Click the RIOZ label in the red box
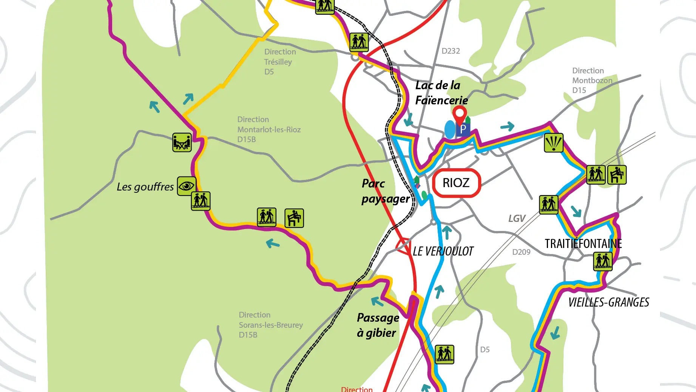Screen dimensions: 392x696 pos(456,183)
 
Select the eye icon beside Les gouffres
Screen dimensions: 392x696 pos(187,186)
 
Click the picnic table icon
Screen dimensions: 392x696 pos(182,143)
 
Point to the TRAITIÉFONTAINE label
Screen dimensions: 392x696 pos(583,244)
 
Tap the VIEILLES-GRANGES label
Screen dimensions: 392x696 pos(608,302)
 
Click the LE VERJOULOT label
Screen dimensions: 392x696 pos(443,251)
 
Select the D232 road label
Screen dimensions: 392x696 pos(451,51)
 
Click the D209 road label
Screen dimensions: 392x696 pos(521,252)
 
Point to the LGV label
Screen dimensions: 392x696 pos(517,218)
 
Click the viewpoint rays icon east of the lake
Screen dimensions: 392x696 pos(553,143)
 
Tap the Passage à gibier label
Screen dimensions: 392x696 pos(378,325)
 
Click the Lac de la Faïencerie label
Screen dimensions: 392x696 pos(441,93)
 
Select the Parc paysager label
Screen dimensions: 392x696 pos(385,191)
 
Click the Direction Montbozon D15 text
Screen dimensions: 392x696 pos(591,81)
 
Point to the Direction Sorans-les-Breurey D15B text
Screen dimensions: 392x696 pos(270,325)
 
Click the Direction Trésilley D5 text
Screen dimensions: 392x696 pos(279,62)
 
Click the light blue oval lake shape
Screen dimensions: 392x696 pos(450,130)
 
